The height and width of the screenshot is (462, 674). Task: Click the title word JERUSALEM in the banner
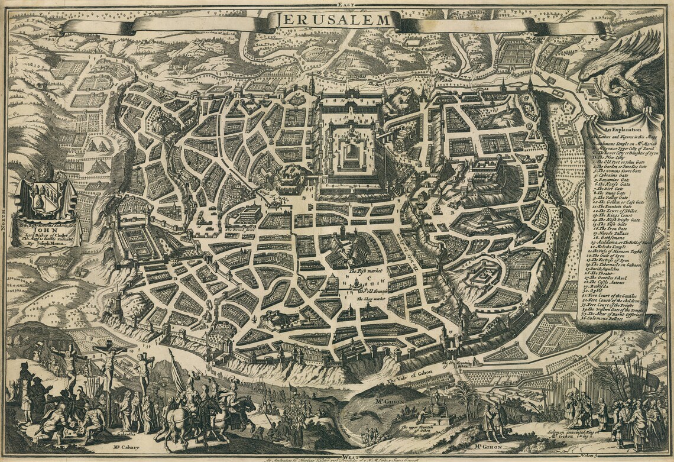pyautogui.click(x=333, y=20)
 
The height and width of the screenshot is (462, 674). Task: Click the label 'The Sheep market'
pyautogui.click(x=371, y=299)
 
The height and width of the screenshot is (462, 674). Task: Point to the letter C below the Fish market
pyautogui.click(x=370, y=279)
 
